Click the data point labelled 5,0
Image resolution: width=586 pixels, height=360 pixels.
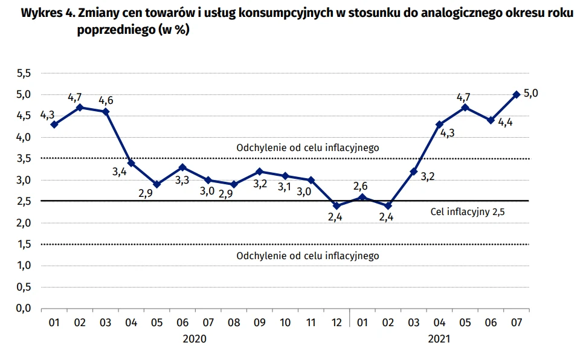point(516,94)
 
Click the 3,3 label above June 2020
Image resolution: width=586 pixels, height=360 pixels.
point(182,180)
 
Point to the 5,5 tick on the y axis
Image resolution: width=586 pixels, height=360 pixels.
point(24,73)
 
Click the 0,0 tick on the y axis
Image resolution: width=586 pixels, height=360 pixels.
point(24,309)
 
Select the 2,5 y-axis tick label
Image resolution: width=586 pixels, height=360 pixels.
point(24,202)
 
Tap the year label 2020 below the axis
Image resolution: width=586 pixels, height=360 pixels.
point(195,339)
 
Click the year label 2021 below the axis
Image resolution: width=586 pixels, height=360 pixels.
point(439,339)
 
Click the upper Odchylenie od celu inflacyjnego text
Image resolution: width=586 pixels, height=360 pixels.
point(307,147)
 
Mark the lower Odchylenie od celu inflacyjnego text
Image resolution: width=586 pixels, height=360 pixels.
point(307,256)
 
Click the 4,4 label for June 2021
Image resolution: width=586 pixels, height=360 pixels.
point(505,123)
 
